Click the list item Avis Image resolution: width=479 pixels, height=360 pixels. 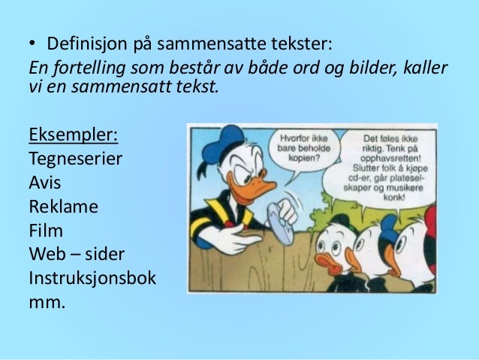point(44,183)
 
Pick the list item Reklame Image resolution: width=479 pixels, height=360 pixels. point(63,207)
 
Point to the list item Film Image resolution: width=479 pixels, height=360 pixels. point(45,230)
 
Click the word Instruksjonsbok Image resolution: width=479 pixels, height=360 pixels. point(92,277)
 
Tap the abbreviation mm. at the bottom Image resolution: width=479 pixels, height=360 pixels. point(47,302)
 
